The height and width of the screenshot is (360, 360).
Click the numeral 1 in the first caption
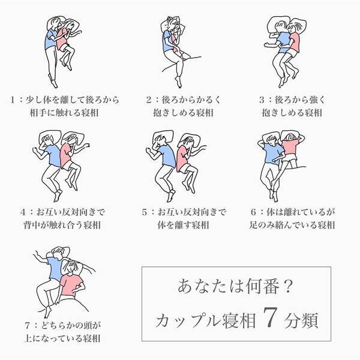coord(13,100)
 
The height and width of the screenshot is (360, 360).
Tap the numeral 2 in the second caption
coord(149,100)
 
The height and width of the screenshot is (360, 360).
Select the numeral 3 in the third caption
coord(262,100)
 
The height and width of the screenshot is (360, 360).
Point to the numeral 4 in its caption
coord(23,212)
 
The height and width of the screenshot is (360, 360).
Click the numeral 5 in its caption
coord(144,212)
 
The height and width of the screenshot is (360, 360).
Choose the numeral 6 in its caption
coord(253,212)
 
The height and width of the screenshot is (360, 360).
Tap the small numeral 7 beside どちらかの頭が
coord(28,326)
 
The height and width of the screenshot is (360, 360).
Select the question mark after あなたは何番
coord(287,286)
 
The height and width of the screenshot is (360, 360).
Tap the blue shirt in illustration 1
coord(51,40)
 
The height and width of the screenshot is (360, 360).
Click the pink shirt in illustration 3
coord(295,43)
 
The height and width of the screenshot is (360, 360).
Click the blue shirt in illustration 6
coord(273,152)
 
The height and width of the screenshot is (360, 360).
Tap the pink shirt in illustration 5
coord(183,158)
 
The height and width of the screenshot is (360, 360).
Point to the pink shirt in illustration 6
coord(290,147)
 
